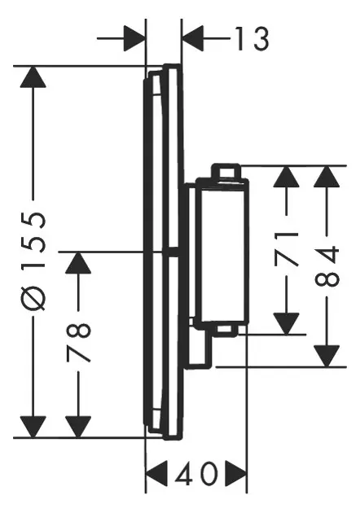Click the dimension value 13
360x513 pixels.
(x=252, y=38)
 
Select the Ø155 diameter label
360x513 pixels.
(x=33, y=261)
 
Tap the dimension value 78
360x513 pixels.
(x=78, y=343)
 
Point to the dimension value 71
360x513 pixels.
(x=287, y=249)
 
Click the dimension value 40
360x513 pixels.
(x=196, y=473)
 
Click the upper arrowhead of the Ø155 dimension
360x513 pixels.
(x=33, y=77)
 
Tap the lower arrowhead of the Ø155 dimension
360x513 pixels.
(x=33, y=427)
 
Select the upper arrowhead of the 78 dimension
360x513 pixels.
(x=78, y=263)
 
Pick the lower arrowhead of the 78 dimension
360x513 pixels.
(x=78, y=427)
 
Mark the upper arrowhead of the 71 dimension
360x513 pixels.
(x=287, y=177)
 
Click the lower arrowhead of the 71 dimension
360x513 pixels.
(x=287, y=324)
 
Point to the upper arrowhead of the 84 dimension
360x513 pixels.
(x=327, y=177)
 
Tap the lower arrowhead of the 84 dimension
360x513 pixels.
(x=327, y=357)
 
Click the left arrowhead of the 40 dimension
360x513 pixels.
(x=156, y=474)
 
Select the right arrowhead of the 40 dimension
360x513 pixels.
(x=235, y=474)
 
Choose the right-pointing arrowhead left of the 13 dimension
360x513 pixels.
(x=134, y=38)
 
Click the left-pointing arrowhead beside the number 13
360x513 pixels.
(x=193, y=38)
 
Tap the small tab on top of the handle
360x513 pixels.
(x=226, y=171)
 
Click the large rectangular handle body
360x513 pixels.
(x=222, y=252)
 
